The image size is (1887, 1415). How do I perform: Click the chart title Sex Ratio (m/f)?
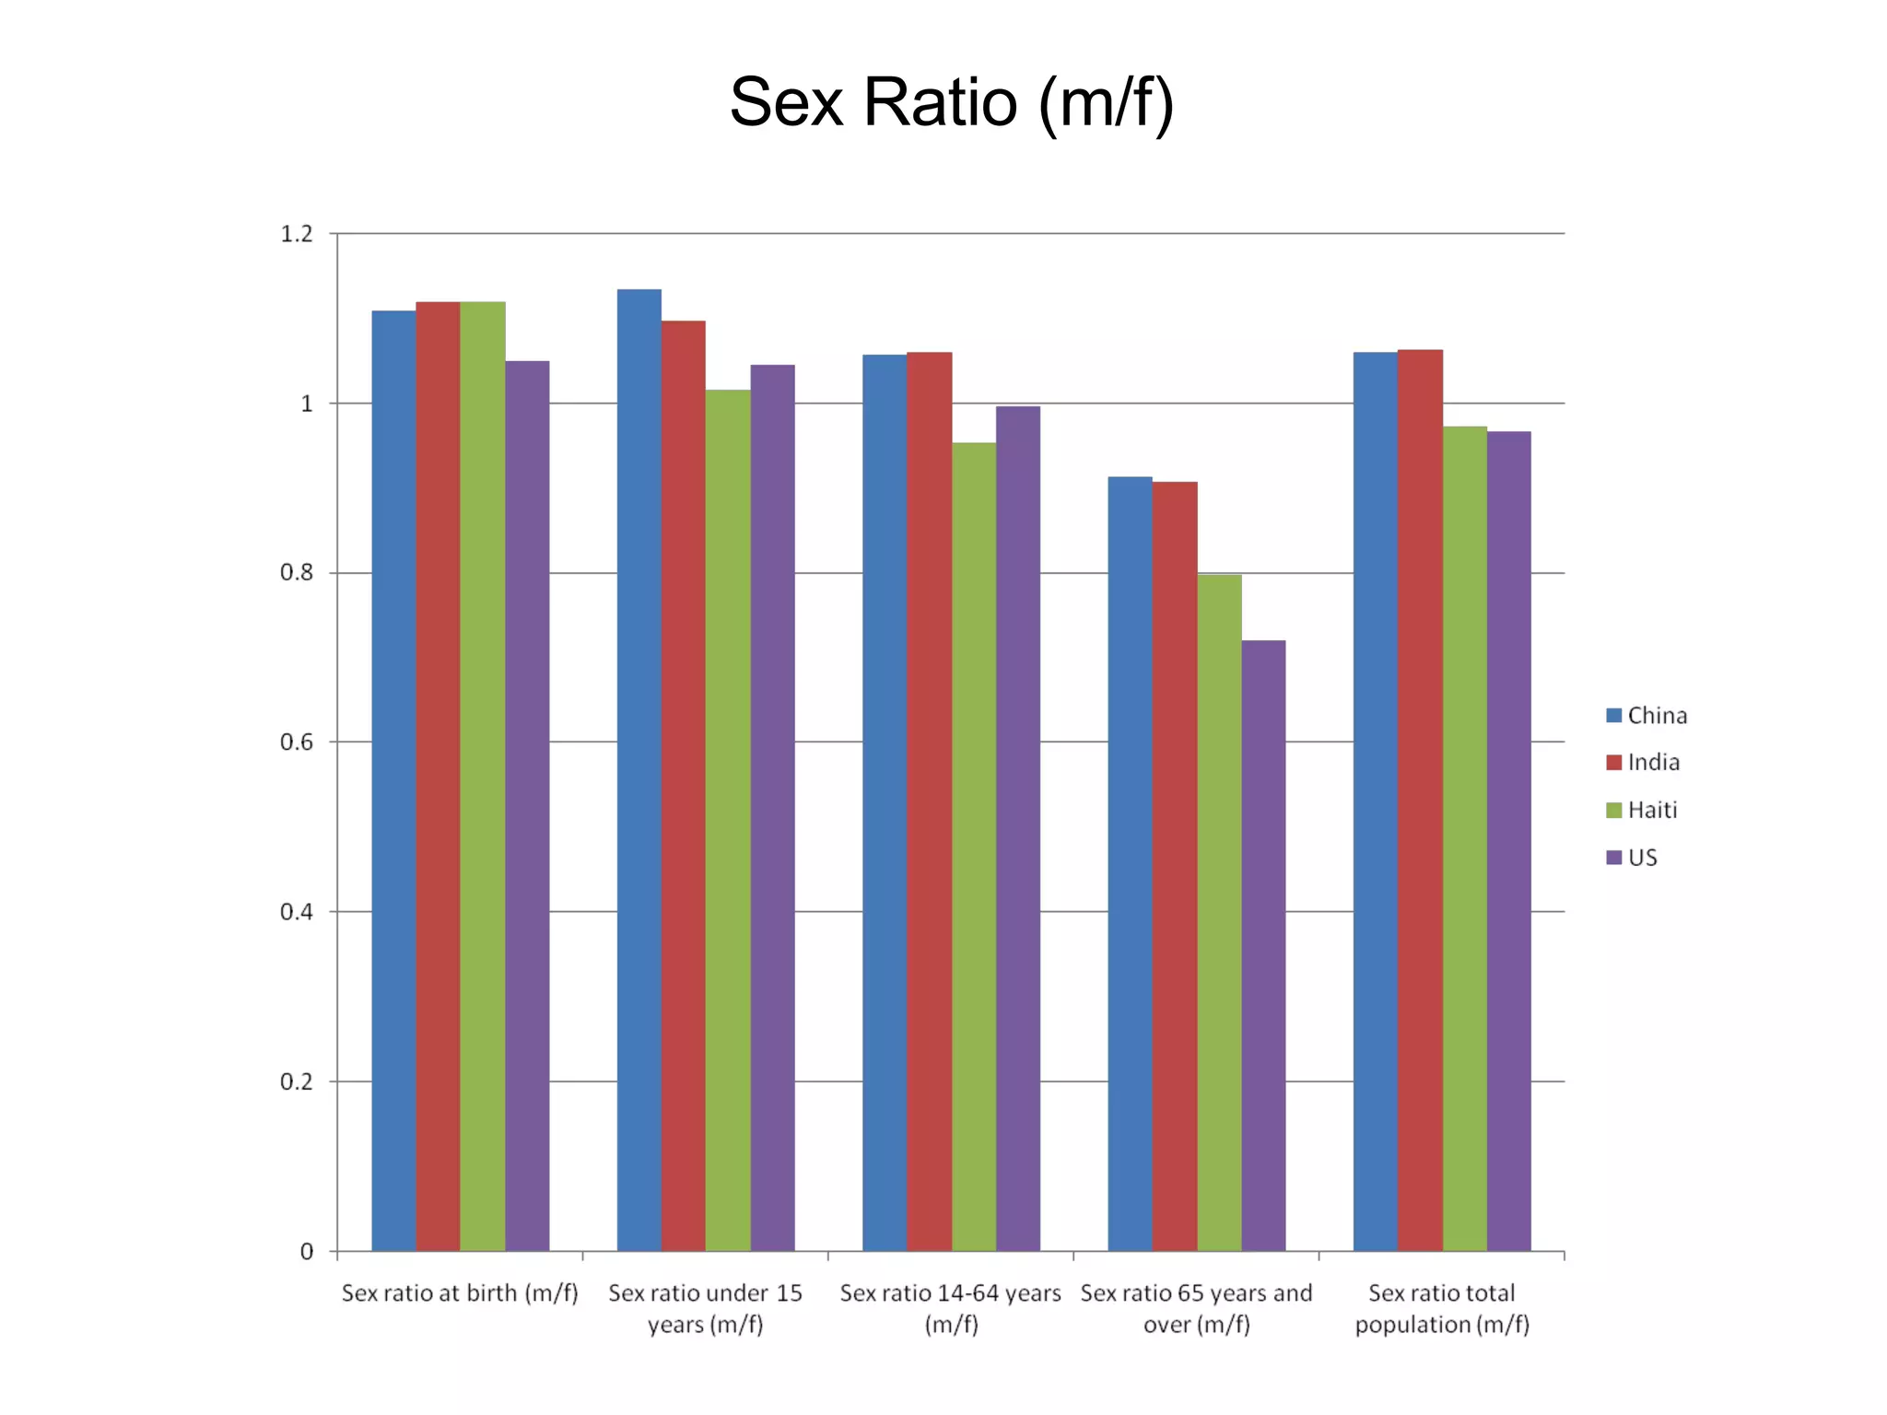coord(951,102)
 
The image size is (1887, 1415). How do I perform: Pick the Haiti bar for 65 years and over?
coord(1219,912)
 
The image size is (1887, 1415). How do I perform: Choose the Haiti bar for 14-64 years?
coord(974,847)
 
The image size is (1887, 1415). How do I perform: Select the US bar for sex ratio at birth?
coord(527,806)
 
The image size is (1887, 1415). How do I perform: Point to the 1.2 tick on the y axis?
coord(297,234)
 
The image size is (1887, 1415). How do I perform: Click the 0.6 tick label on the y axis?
coord(297,743)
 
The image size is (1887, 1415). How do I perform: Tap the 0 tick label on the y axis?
coord(307,1251)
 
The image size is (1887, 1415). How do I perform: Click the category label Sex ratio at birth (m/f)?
coord(460,1293)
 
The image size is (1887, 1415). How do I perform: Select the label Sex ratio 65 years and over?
coord(1196,1308)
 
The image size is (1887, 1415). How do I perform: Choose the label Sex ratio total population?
coord(1441,1308)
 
